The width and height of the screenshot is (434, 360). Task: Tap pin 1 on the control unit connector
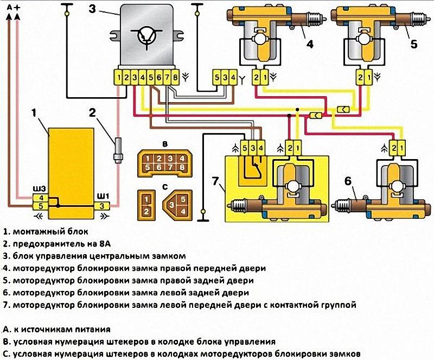click(119, 78)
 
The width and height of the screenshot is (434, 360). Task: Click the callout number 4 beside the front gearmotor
click(309, 44)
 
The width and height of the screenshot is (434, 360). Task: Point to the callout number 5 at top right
click(413, 44)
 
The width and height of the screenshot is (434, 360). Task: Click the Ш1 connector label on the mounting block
click(102, 196)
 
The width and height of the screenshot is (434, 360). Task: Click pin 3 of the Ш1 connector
click(101, 206)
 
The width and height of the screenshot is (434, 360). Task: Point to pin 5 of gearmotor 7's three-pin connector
click(245, 148)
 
